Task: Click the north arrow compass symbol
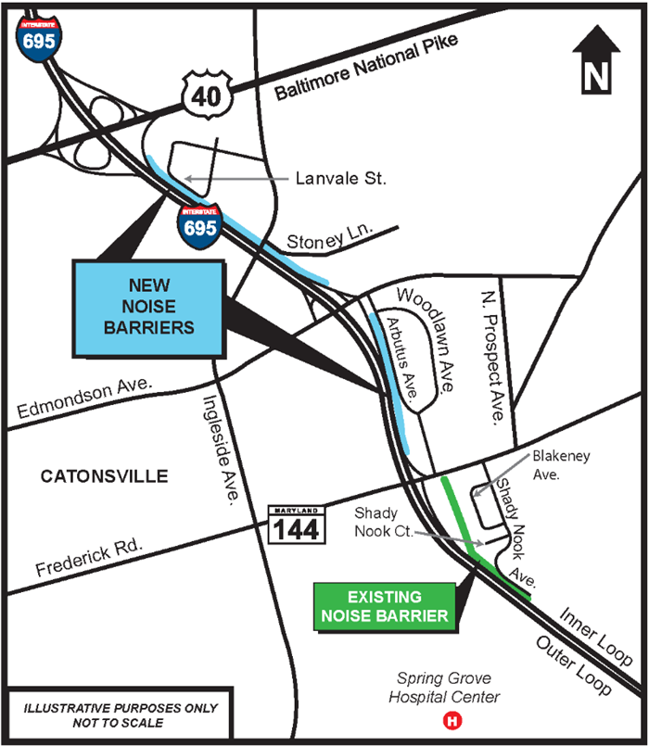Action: [598, 60]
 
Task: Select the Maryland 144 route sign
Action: [296, 524]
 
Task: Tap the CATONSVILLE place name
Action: [105, 476]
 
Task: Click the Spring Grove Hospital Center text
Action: [445, 687]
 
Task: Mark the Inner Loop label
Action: [592, 632]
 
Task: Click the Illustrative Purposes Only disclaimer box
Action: [121, 715]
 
